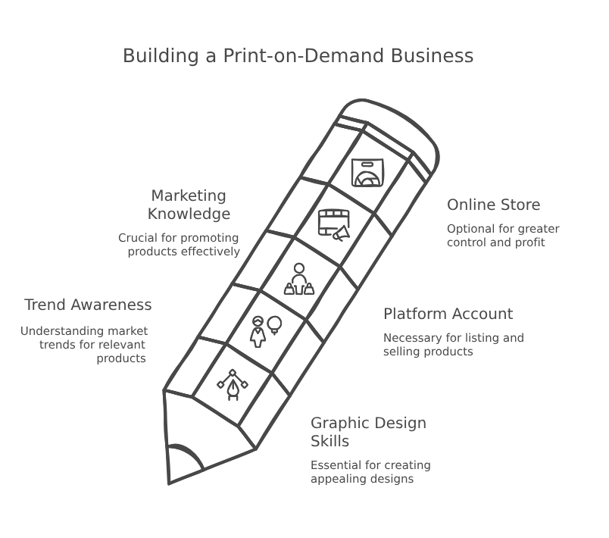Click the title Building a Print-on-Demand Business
298,56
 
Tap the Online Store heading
493,205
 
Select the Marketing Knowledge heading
188,205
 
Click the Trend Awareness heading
88,305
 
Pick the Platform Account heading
448,314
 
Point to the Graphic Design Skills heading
368,431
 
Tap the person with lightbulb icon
266,330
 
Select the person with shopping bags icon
298,279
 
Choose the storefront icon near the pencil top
368,173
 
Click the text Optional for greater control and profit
502,236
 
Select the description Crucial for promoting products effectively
180,244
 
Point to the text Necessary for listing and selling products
453,345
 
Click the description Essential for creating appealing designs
370,471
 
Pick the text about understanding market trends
84,345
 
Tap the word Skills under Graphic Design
329,441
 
